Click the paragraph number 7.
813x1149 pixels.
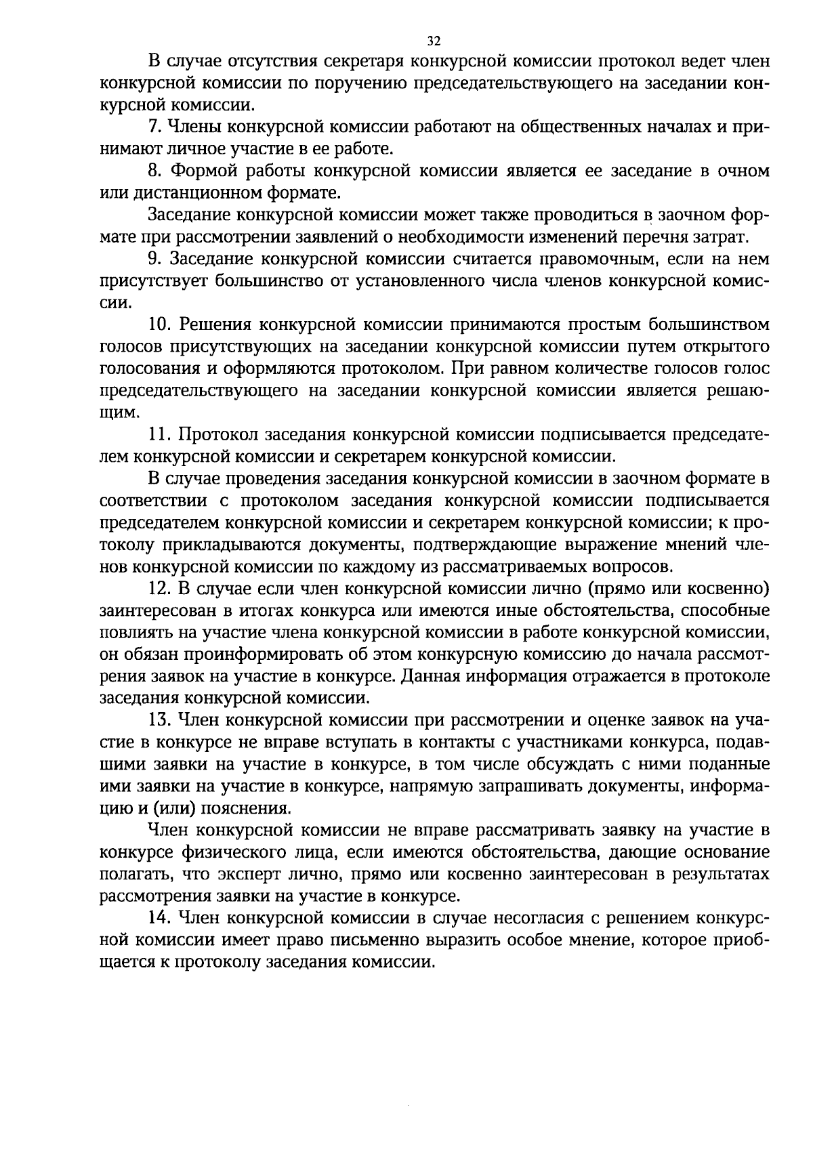(154, 127)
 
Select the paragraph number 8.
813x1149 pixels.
(154, 171)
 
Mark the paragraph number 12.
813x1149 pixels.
(159, 588)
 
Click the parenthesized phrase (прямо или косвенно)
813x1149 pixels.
(680, 588)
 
